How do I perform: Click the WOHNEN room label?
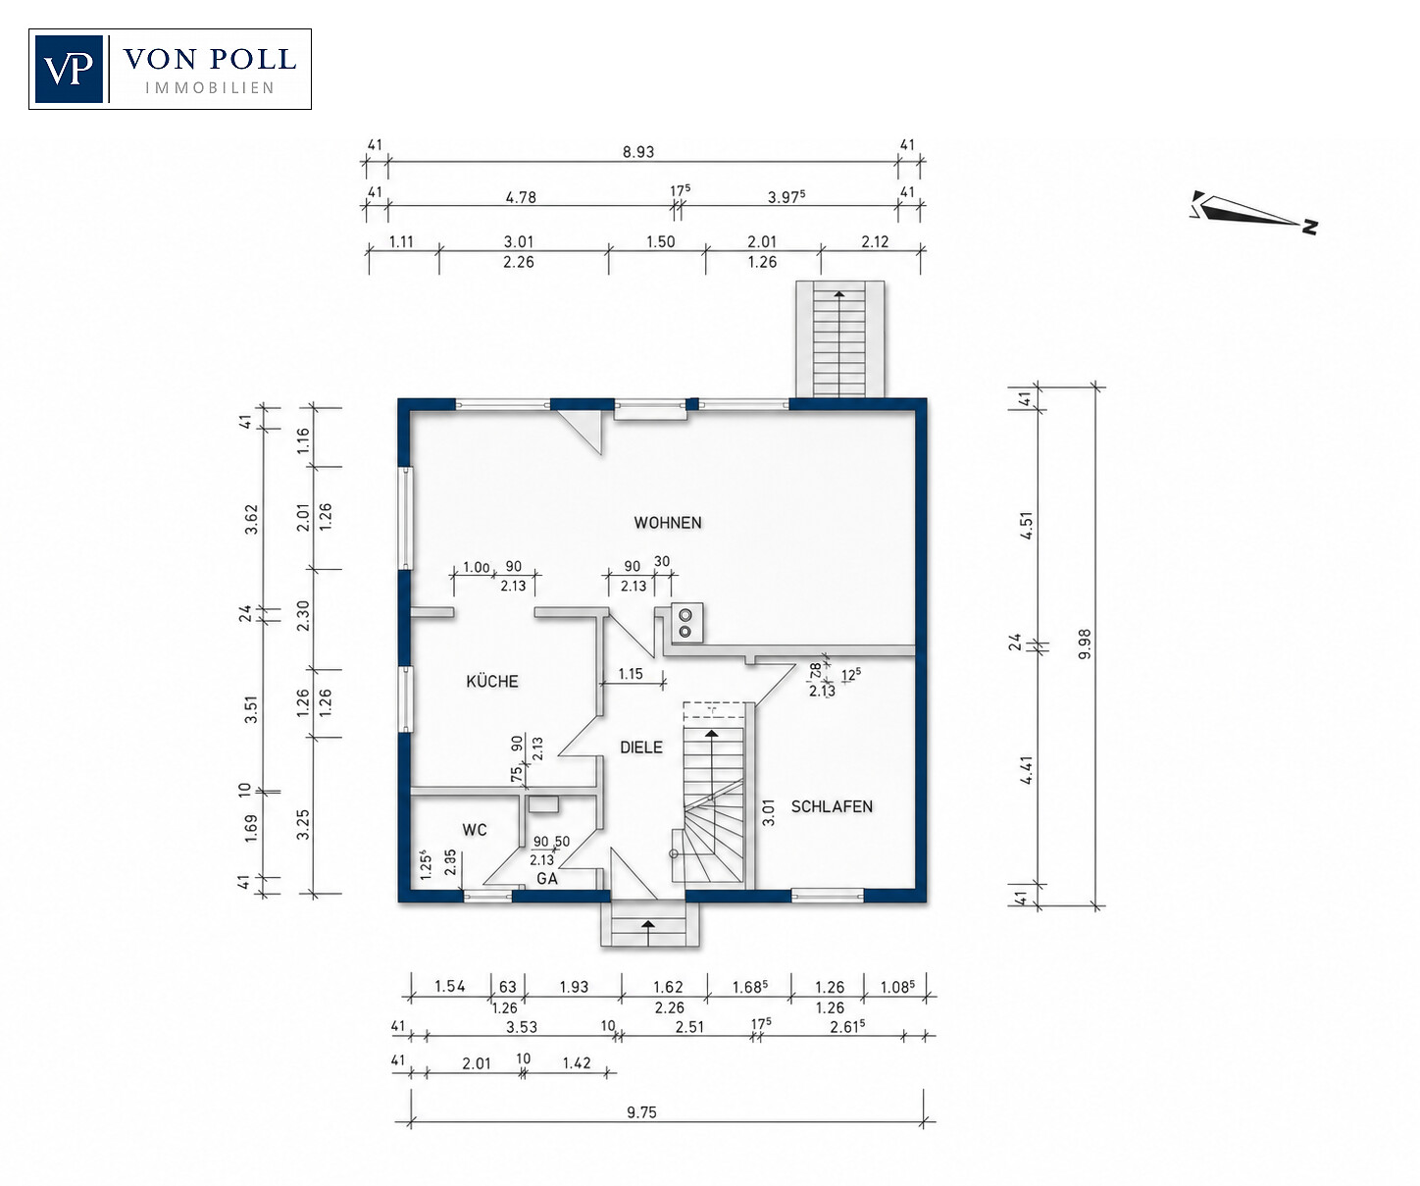pyautogui.click(x=667, y=523)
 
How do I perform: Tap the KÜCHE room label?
pyautogui.click(x=491, y=681)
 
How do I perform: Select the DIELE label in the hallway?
pyautogui.click(x=640, y=748)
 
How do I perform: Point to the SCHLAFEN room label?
pyautogui.click(x=831, y=806)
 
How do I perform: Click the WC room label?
pyautogui.click(x=474, y=830)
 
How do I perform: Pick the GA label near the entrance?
pyautogui.click(x=547, y=878)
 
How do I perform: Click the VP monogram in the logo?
pyautogui.click(x=68, y=69)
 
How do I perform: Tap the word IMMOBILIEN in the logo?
pyautogui.click(x=210, y=87)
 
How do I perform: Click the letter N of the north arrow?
pyautogui.click(x=1310, y=228)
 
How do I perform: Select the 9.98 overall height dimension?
pyautogui.click(x=1085, y=644)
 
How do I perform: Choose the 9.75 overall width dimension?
pyautogui.click(x=641, y=1111)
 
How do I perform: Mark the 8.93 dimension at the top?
pyautogui.click(x=637, y=152)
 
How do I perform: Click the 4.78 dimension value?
pyautogui.click(x=521, y=197)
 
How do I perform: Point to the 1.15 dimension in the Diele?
pyautogui.click(x=631, y=674)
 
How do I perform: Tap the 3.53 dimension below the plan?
pyautogui.click(x=522, y=1027)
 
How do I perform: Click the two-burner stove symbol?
pyautogui.click(x=685, y=623)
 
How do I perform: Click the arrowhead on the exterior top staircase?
pyautogui.click(x=839, y=294)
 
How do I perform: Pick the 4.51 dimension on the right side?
pyautogui.click(x=1027, y=525)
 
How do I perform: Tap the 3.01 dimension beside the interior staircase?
pyautogui.click(x=769, y=812)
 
